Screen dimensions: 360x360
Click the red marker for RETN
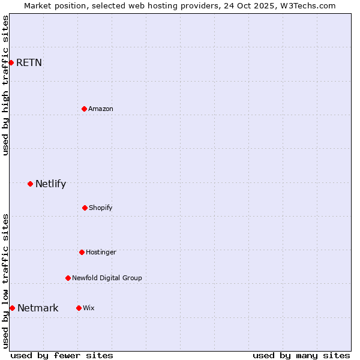11,62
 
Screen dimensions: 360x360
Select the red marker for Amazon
84,109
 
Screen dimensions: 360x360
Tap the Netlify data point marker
30,184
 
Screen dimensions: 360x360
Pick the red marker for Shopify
85,208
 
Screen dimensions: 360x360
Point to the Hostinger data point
82,252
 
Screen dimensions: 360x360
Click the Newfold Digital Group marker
68,278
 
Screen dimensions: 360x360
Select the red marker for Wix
79,308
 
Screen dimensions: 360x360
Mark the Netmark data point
12,308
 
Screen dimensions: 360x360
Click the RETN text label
29,62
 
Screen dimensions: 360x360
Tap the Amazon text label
101,109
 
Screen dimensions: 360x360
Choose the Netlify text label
50,184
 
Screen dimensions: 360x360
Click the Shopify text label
101,208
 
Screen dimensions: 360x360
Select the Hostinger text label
101,252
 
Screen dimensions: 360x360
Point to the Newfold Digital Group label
107,278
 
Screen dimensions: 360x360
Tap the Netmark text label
38,308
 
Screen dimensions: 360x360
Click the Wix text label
89,308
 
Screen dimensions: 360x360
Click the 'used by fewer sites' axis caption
62,355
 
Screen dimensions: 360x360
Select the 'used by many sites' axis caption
301,355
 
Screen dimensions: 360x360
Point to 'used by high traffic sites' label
5,85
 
